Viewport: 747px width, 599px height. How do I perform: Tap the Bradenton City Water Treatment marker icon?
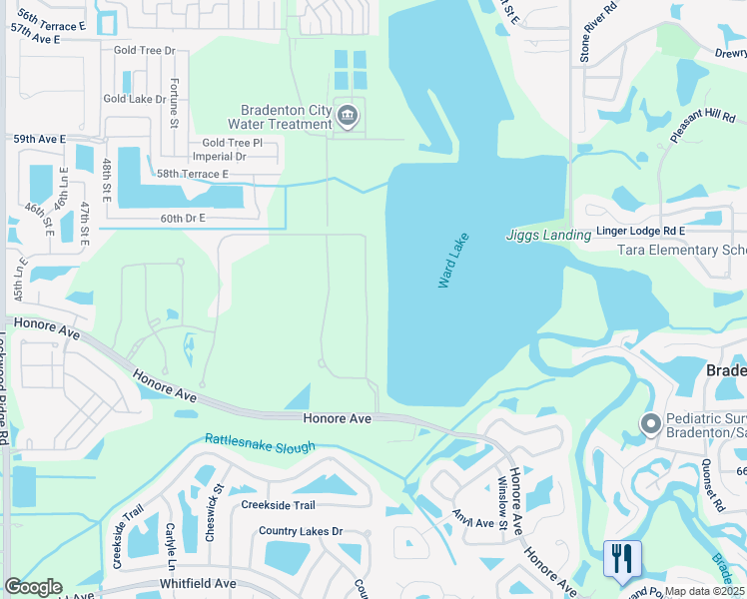tap(347, 117)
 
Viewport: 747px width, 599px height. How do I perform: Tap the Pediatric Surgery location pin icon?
tap(651, 425)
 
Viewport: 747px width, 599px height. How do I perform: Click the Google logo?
tap(32, 587)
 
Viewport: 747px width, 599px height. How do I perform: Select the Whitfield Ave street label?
tap(198, 583)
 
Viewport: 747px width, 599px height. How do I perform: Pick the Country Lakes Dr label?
tap(300, 531)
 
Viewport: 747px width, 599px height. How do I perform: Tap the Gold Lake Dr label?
tap(135, 99)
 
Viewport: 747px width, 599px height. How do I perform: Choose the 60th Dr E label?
tap(182, 218)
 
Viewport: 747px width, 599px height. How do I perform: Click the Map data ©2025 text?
tap(703, 591)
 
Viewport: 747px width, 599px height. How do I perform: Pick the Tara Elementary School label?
tap(681, 251)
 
